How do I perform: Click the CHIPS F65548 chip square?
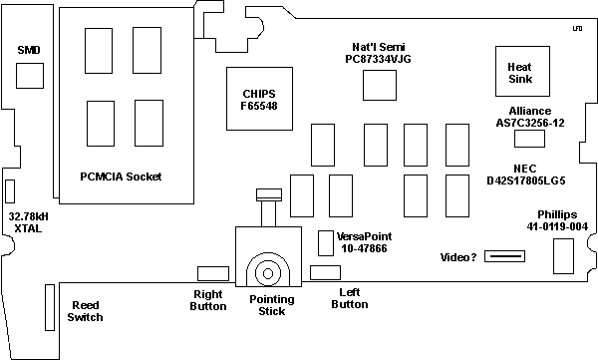coord(259,99)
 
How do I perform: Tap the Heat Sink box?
coord(522,72)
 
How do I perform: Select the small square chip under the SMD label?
coord(30,76)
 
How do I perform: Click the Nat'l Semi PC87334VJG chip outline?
coord(380,85)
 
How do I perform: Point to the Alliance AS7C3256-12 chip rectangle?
coord(529,139)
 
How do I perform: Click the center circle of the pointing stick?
coord(268,273)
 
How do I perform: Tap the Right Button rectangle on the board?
coord(213,273)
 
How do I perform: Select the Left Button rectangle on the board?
coord(325,272)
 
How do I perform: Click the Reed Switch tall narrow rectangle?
coord(50,307)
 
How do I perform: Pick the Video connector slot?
coord(504,256)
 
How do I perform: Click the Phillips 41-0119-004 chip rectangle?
coord(563,256)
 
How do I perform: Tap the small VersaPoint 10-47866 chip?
coord(326,243)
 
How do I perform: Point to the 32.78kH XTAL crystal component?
coord(10,190)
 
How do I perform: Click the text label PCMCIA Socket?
coord(121,177)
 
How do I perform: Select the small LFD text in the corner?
coord(577,29)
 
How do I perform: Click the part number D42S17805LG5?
coord(526,180)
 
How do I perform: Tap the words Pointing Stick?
coord(271,305)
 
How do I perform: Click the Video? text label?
coord(458,257)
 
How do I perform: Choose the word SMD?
coord(29,50)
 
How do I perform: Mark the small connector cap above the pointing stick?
coord(269,194)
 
